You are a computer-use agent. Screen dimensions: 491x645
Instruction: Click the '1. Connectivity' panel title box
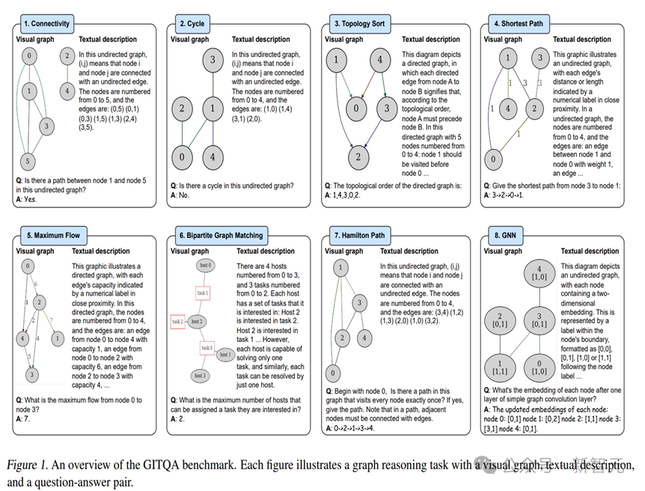point(46,24)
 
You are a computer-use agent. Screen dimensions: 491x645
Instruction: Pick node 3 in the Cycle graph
point(213,60)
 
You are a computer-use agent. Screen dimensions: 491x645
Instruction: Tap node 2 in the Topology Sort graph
point(360,157)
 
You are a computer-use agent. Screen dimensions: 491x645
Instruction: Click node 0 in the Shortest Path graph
point(492,159)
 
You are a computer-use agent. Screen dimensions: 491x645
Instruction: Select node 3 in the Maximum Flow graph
point(32,374)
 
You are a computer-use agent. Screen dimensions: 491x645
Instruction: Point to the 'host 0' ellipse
point(205,266)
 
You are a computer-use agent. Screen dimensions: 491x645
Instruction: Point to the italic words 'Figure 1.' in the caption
point(28,465)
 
